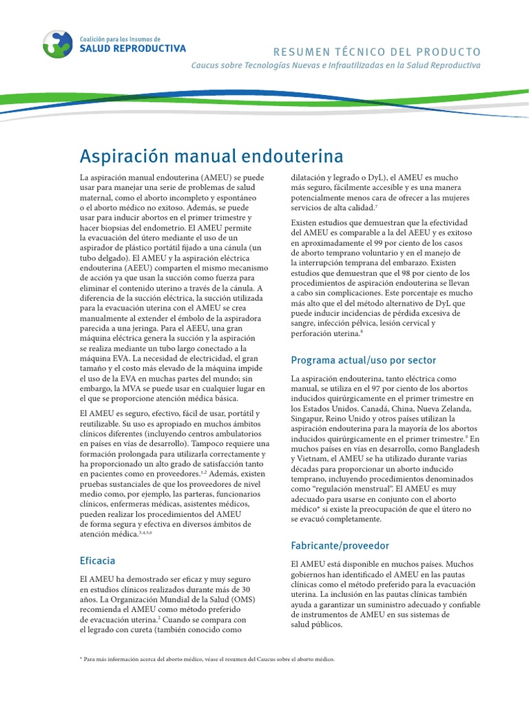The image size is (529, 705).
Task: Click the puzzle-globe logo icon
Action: click(x=56, y=43)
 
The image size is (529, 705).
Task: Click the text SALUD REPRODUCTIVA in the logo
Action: click(x=133, y=49)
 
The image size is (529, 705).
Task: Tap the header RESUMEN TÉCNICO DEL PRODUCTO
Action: click(x=377, y=52)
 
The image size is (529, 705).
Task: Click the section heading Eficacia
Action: click(x=98, y=560)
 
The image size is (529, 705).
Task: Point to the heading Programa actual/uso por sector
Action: click(x=363, y=360)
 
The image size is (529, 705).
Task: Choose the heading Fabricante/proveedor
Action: click(x=340, y=545)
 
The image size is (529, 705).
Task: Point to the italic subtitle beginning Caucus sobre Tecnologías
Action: click(x=335, y=65)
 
